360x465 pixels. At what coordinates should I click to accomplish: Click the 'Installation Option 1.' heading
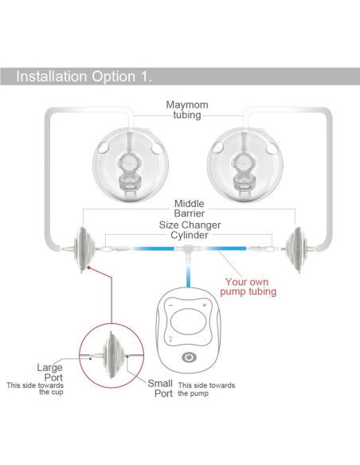point(84,76)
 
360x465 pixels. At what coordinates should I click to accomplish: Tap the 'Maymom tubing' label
point(187,110)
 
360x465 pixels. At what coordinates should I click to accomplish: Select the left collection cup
point(131,165)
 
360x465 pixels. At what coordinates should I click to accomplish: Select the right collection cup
point(245,165)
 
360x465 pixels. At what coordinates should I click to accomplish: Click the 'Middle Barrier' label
point(190,208)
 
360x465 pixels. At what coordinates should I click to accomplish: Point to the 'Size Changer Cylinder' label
point(190,230)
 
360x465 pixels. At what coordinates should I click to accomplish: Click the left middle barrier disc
point(84,249)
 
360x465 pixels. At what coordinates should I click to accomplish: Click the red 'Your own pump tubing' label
point(248,287)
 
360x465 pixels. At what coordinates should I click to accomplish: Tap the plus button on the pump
point(205,305)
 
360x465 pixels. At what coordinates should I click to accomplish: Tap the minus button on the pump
point(170,305)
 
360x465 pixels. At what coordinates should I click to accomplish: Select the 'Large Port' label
point(50,373)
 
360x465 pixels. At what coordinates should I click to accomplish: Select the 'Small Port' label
point(160,389)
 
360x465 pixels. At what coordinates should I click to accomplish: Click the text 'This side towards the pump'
point(206,389)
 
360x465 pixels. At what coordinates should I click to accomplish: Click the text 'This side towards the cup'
point(35,389)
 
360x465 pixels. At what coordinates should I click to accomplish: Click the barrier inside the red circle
point(113,355)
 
